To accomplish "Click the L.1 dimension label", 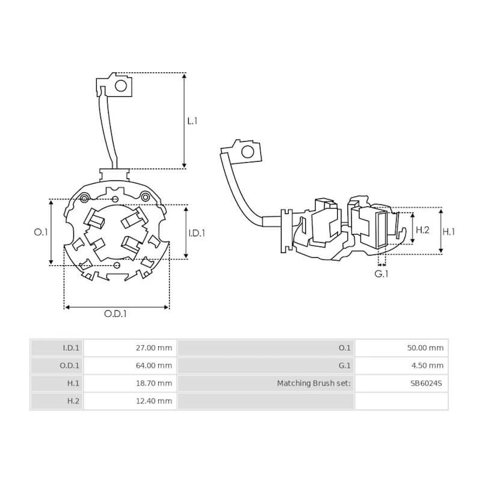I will pyautogui.click(x=192, y=121).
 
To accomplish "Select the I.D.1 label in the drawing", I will pyautogui.click(x=197, y=233).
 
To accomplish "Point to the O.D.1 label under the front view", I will pyautogui.click(x=115, y=313).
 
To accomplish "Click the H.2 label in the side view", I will pyautogui.click(x=423, y=230).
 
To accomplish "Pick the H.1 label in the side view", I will pyautogui.click(x=449, y=231).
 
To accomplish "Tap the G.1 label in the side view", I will pyautogui.click(x=381, y=275).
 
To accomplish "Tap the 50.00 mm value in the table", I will pyautogui.click(x=426, y=348).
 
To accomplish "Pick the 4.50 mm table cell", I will pyautogui.click(x=428, y=365).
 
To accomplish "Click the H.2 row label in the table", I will pyautogui.click(x=72, y=401).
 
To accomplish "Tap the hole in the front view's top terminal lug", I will pyautogui.click(x=121, y=85).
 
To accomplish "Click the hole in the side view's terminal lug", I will pyautogui.click(x=247, y=152).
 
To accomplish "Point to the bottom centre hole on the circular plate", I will pyautogui.click(x=117, y=265).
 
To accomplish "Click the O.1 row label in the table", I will pyautogui.click(x=345, y=348).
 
